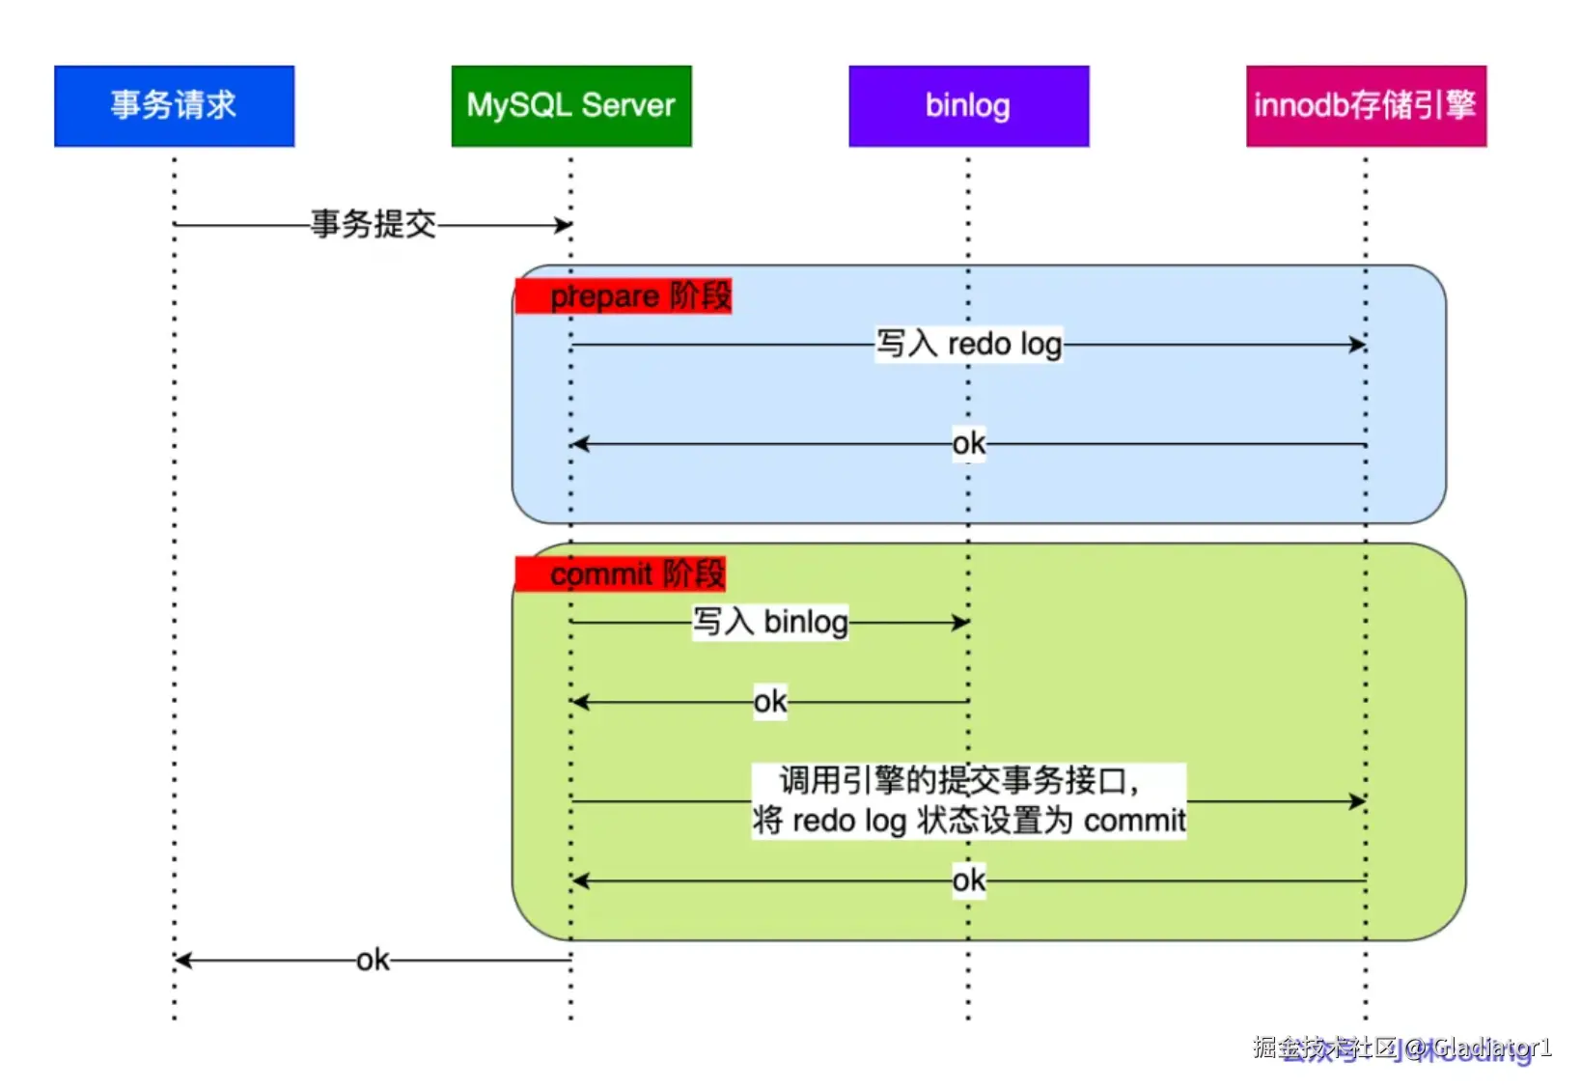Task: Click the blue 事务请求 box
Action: pyautogui.click(x=174, y=105)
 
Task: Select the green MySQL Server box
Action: pyautogui.click(x=571, y=105)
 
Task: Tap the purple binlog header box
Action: pyautogui.click(x=968, y=105)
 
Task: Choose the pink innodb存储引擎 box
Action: pyautogui.click(x=1365, y=105)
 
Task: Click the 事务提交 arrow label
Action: pyautogui.click(x=374, y=224)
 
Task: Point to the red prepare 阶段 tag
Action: pyautogui.click(x=624, y=295)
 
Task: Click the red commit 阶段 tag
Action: pyautogui.click(x=621, y=573)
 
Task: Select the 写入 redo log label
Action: pyautogui.click(x=969, y=344)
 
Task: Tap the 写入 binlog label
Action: pyautogui.click(x=770, y=622)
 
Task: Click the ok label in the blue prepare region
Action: pyautogui.click(x=969, y=444)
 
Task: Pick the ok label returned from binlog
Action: pyautogui.click(x=770, y=702)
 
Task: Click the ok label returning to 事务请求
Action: pyautogui.click(x=373, y=961)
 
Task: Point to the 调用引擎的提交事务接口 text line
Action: pyautogui.click(x=959, y=780)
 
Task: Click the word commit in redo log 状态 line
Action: pyautogui.click(x=1134, y=821)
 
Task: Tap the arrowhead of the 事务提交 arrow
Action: pyautogui.click(x=564, y=225)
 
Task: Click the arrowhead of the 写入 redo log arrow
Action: pyautogui.click(x=1358, y=345)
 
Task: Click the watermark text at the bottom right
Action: pyautogui.click(x=1401, y=1048)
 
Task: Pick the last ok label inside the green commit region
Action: pyautogui.click(x=969, y=880)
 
